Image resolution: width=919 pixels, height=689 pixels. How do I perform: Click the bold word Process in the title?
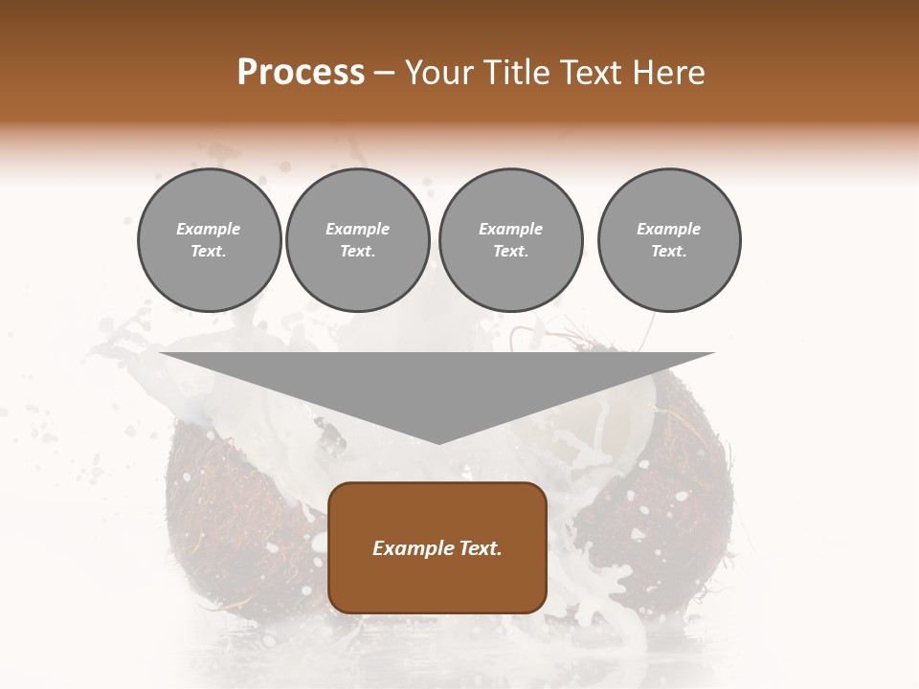click(301, 73)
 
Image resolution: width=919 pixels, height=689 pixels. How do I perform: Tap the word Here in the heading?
click(669, 73)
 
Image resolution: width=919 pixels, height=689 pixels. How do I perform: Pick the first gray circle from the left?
click(210, 240)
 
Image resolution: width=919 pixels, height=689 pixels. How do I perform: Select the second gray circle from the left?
click(358, 240)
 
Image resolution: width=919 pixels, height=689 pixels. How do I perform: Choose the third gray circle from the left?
click(510, 240)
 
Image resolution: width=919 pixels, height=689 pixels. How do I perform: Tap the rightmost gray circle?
click(669, 240)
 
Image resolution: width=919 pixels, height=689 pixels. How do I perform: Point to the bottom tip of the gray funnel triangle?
click(437, 442)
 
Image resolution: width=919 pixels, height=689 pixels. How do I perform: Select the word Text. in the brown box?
click(480, 548)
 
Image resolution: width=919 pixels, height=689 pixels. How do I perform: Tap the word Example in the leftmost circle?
click(209, 229)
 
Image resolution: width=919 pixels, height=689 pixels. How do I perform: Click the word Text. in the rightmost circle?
click(669, 252)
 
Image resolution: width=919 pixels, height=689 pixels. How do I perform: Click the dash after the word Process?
click(385, 73)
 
